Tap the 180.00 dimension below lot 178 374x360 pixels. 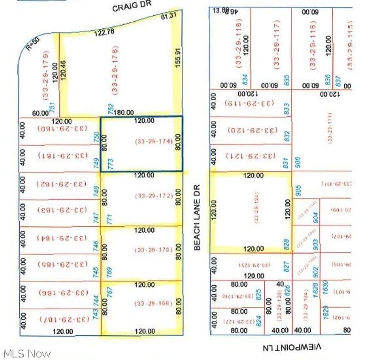125,112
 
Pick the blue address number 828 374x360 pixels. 286,244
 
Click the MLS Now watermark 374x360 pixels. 26,353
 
